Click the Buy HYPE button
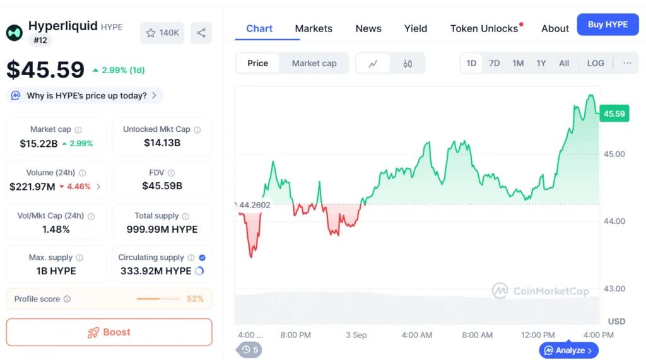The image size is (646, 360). (608, 25)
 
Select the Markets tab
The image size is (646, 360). (314, 28)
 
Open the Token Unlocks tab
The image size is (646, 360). (484, 28)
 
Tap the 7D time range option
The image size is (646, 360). (495, 63)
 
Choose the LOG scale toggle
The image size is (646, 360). (595, 63)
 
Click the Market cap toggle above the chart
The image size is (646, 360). (314, 63)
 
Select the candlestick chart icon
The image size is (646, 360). (408, 63)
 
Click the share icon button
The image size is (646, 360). (201, 33)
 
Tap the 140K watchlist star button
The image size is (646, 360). (162, 33)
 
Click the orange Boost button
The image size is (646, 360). (109, 332)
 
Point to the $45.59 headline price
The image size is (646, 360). (45, 69)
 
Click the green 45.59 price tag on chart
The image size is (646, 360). (614, 114)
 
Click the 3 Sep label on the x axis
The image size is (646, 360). (356, 335)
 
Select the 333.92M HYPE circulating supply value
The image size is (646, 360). (156, 271)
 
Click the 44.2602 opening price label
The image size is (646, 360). (254, 204)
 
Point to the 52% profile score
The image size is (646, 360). (195, 299)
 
